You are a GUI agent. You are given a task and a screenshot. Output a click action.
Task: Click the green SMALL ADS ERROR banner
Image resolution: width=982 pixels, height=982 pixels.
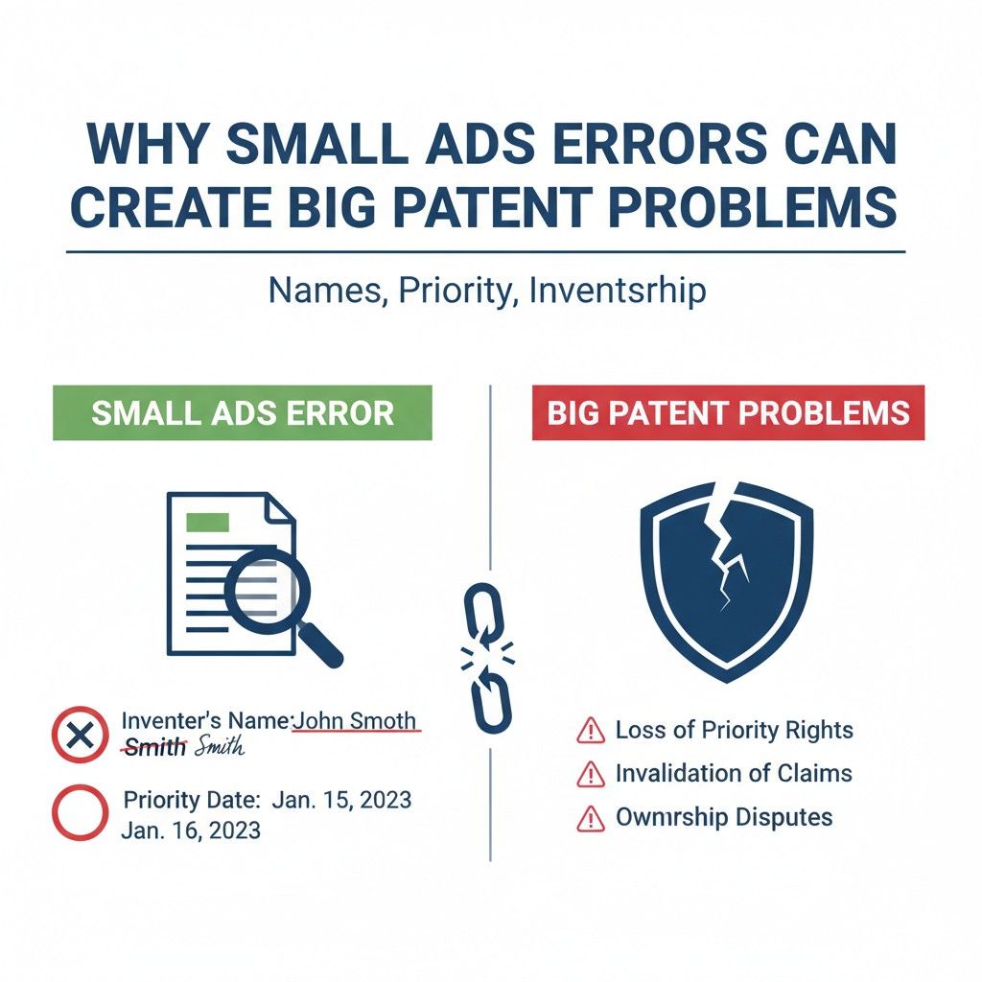click(242, 413)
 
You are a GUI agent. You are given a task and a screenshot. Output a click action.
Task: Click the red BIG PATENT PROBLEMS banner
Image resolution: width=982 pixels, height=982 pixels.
click(728, 413)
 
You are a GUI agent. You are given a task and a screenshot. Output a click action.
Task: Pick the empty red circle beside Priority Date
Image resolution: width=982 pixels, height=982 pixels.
click(78, 812)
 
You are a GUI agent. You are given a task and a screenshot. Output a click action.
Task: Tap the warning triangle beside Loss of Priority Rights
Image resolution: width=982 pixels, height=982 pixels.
click(589, 732)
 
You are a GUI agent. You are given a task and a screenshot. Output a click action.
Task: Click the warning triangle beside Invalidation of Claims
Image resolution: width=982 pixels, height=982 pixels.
click(589, 774)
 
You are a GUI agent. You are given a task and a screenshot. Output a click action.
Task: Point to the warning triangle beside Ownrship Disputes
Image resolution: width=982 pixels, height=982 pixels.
click(589, 818)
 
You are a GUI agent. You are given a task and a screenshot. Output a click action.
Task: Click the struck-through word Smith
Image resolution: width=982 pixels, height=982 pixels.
click(154, 748)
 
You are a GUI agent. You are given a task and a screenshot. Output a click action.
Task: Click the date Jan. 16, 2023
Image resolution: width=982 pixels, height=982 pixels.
click(191, 830)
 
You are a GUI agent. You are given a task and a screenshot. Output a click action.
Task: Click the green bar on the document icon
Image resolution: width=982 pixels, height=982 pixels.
click(208, 522)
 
